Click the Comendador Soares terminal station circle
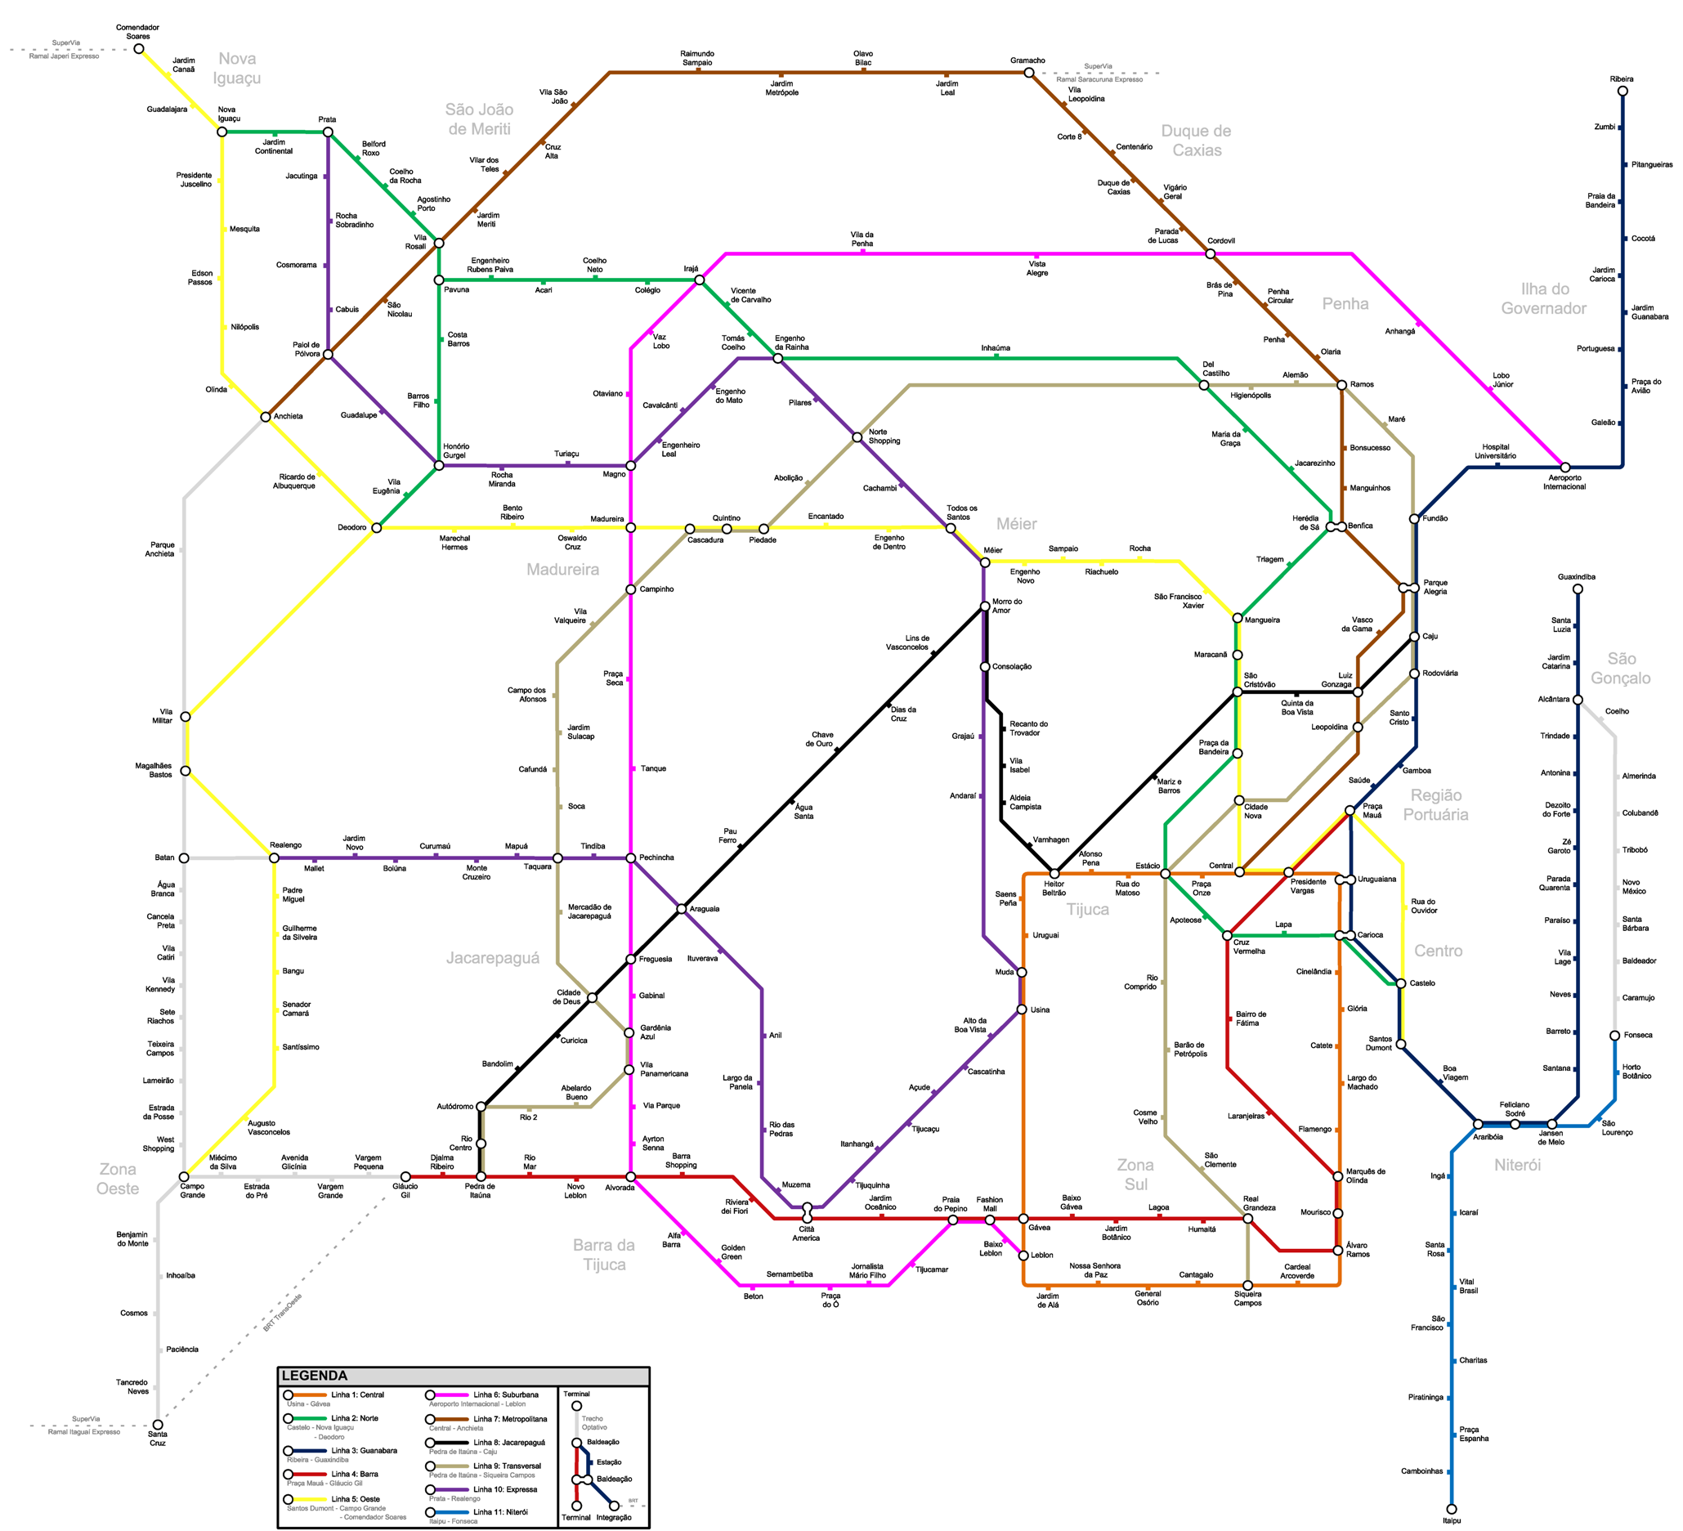(x=139, y=48)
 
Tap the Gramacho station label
(x=1027, y=61)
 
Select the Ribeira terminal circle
(x=1622, y=91)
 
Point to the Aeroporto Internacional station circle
(x=1565, y=468)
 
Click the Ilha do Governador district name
(x=1544, y=299)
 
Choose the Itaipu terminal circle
(x=1452, y=1508)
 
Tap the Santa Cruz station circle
(x=157, y=1425)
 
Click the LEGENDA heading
(x=314, y=1376)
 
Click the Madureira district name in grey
(x=562, y=570)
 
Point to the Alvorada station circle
(x=630, y=1177)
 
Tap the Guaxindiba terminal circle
(x=1578, y=589)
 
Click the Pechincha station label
(x=656, y=857)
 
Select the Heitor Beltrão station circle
(x=1054, y=873)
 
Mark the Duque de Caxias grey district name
(x=1197, y=141)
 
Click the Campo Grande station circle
(x=185, y=1177)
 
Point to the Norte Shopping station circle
(x=857, y=437)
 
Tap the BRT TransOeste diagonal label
(x=283, y=1312)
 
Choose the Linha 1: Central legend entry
(x=357, y=1395)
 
